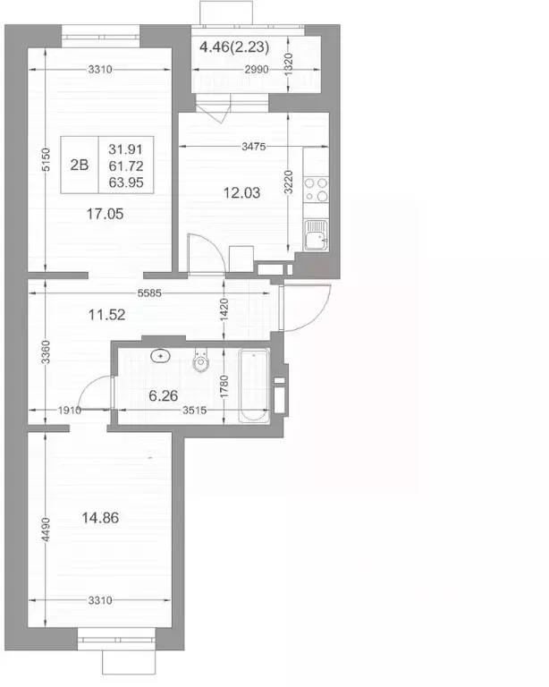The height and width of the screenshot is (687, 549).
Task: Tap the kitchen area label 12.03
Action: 242,191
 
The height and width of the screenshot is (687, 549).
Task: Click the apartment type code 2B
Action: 80,164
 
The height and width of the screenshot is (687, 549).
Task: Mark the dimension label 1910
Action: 68,410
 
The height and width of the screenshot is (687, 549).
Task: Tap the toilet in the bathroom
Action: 201,362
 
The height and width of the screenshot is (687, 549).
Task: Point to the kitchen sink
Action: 316,238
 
